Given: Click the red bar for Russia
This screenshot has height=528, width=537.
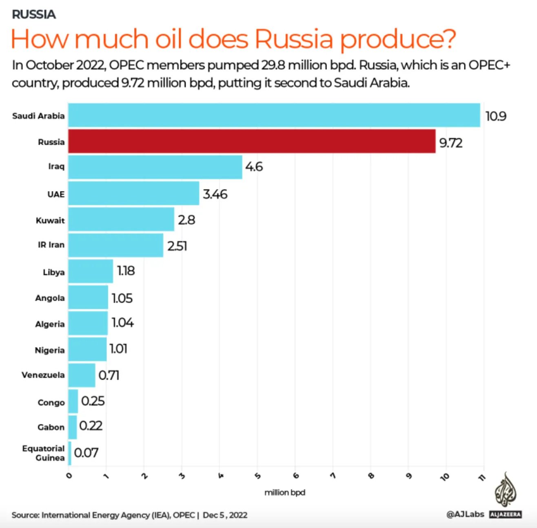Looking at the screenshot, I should pos(251,141).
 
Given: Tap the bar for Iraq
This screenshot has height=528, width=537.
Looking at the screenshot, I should pos(155,167).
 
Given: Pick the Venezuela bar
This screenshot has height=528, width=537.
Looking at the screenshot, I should pos(82,375).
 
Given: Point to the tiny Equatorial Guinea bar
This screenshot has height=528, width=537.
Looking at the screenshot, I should pos(70,453).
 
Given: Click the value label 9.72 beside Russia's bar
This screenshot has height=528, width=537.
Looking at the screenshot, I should pos(451,143).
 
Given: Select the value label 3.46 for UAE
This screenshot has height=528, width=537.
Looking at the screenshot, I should pos(215,194).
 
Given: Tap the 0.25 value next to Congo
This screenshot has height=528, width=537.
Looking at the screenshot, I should pos(93,401).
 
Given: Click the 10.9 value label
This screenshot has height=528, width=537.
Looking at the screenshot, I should pos(496,117).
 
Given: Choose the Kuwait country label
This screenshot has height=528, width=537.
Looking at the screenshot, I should pos(50,220).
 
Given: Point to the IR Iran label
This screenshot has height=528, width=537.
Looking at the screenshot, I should pos(51,245).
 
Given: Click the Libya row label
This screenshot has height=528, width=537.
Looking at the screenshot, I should pos(53,272).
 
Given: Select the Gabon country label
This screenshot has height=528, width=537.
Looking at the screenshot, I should pos(51,427).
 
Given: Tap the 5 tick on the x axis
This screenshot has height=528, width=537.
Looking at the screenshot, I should pos(257,476).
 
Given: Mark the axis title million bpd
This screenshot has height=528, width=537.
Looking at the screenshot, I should pos(284,493).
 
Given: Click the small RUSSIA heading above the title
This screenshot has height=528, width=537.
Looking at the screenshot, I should pos(34,14).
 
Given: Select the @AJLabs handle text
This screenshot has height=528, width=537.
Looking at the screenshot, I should pos(465,514).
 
